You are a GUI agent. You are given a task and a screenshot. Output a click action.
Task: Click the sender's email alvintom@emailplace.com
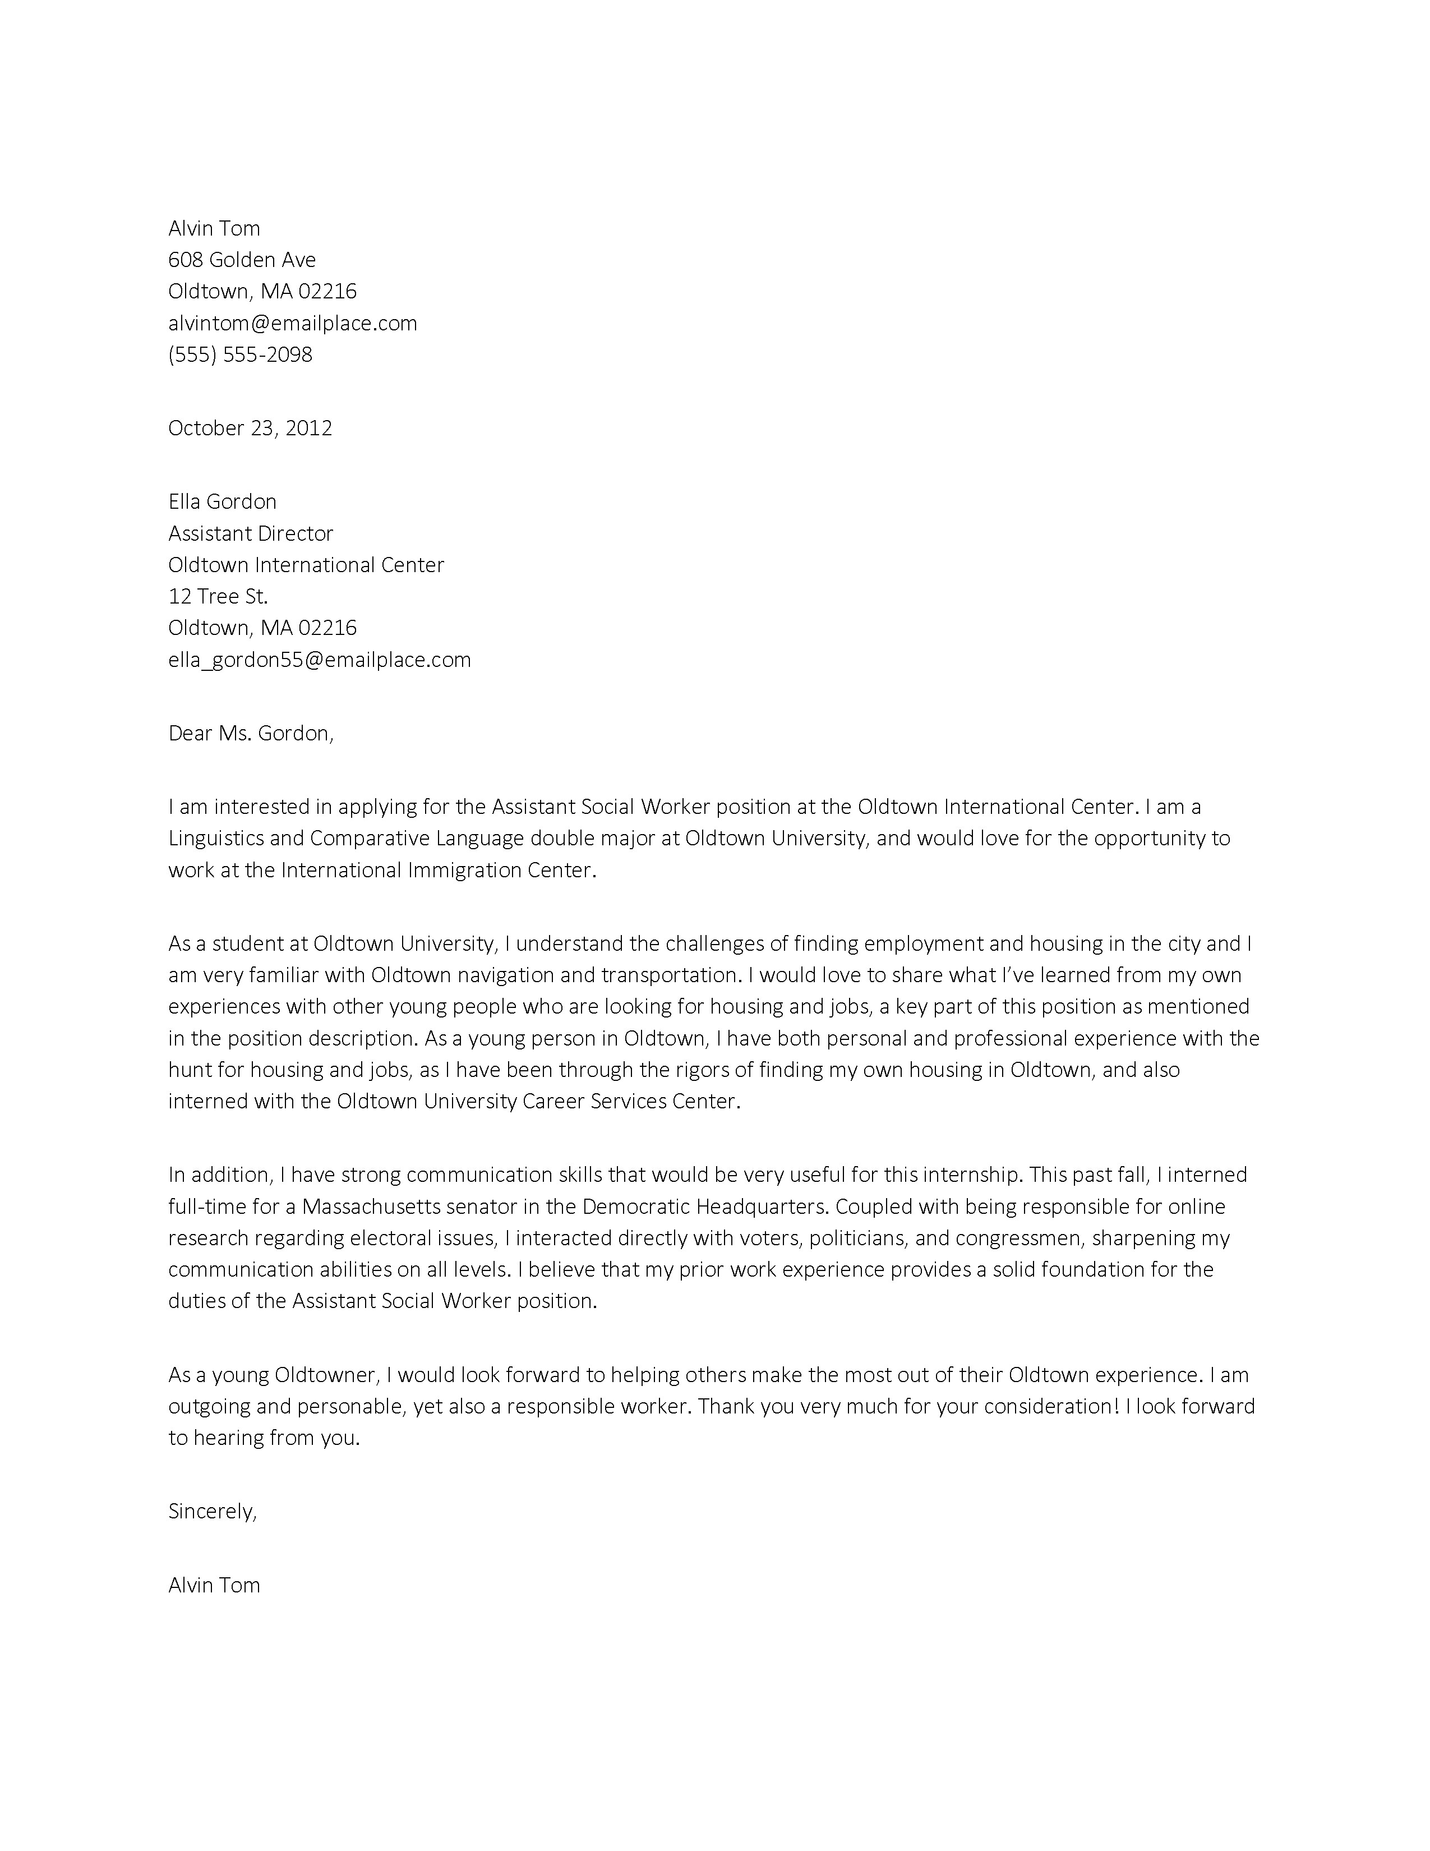pyautogui.click(x=292, y=323)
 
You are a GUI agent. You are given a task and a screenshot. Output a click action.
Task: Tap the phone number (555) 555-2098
pyautogui.click(x=240, y=354)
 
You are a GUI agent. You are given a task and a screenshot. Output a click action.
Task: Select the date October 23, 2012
pyautogui.click(x=250, y=428)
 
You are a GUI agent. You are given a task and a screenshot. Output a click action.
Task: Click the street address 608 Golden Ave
pyautogui.click(x=242, y=259)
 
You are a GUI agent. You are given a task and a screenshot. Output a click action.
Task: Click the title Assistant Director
pyautogui.click(x=251, y=533)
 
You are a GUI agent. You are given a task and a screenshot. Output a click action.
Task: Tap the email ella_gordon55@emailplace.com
pyautogui.click(x=320, y=660)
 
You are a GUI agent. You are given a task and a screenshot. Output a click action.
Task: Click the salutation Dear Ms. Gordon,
pyautogui.click(x=251, y=733)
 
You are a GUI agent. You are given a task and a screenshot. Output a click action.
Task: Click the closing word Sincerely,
pyautogui.click(x=212, y=1511)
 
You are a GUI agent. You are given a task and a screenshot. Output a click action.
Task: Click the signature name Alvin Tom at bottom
pyautogui.click(x=214, y=1585)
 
